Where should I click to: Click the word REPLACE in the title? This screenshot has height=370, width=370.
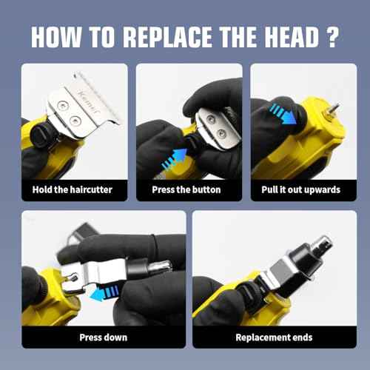click(167, 37)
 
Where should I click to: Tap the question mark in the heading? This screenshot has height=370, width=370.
click(332, 37)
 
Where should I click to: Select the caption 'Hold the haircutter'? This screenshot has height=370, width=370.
click(73, 189)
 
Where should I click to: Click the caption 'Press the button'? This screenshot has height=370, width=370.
click(186, 189)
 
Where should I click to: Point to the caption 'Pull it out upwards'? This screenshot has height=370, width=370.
click(301, 190)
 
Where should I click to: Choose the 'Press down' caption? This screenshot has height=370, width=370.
click(104, 337)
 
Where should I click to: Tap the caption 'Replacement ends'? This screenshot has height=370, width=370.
click(274, 337)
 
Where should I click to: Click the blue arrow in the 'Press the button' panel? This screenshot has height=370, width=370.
click(175, 159)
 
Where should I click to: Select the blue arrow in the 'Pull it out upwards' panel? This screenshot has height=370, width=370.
click(283, 113)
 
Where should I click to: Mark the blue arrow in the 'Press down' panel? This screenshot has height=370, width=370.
click(104, 293)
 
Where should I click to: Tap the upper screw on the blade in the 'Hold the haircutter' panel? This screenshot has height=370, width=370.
click(62, 106)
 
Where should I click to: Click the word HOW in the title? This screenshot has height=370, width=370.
click(56, 37)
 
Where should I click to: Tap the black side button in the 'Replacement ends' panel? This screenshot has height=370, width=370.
click(245, 294)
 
